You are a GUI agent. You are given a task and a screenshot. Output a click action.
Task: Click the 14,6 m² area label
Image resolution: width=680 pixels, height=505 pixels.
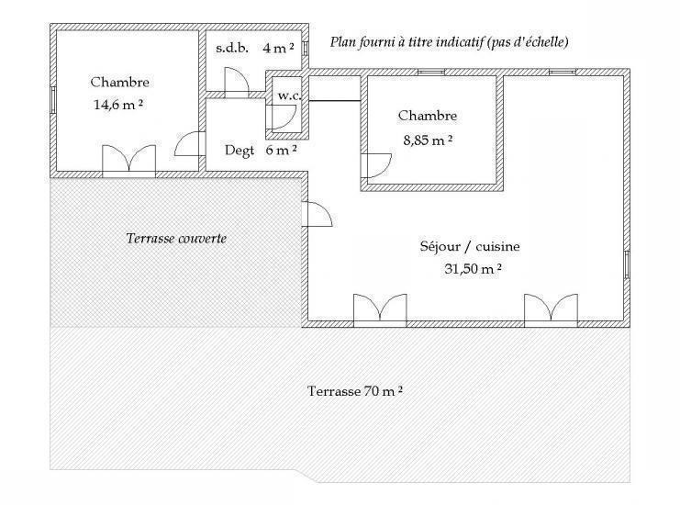[x=118, y=105]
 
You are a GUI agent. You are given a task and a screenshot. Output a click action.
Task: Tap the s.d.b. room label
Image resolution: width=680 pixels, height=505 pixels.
[x=232, y=48]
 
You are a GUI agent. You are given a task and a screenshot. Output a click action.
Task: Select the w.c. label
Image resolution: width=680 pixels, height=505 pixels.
[x=289, y=95]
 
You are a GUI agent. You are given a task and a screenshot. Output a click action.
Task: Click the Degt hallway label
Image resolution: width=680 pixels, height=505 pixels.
[x=240, y=151]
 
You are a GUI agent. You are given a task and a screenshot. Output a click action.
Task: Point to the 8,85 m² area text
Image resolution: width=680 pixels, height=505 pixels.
[x=428, y=140]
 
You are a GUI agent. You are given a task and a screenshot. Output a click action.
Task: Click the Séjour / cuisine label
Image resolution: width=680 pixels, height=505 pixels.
[x=470, y=246]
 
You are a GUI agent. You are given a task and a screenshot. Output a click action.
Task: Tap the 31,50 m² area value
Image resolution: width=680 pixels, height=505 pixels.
[x=473, y=269]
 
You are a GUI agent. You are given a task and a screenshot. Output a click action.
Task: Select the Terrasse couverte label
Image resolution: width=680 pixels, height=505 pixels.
[x=176, y=238]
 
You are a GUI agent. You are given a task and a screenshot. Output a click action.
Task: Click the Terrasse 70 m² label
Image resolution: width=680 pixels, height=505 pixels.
[x=355, y=391]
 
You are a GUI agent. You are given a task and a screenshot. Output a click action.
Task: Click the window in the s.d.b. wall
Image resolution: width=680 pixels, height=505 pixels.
[x=306, y=48]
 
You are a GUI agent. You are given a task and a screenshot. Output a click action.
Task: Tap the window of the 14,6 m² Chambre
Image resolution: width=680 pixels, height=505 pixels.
[x=53, y=100]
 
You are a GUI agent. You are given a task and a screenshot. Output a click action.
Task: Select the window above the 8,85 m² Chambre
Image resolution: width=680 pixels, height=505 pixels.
[x=431, y=72]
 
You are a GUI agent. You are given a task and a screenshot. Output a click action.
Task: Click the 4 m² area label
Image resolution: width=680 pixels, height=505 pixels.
[x=278, y=48]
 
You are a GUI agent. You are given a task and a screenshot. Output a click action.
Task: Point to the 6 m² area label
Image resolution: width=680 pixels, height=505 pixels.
[x=282, y=150]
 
